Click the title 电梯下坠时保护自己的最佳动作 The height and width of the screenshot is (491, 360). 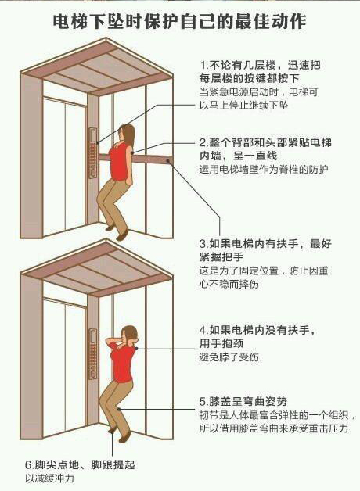(179, 20)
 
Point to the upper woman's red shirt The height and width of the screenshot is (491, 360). (118, 160)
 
